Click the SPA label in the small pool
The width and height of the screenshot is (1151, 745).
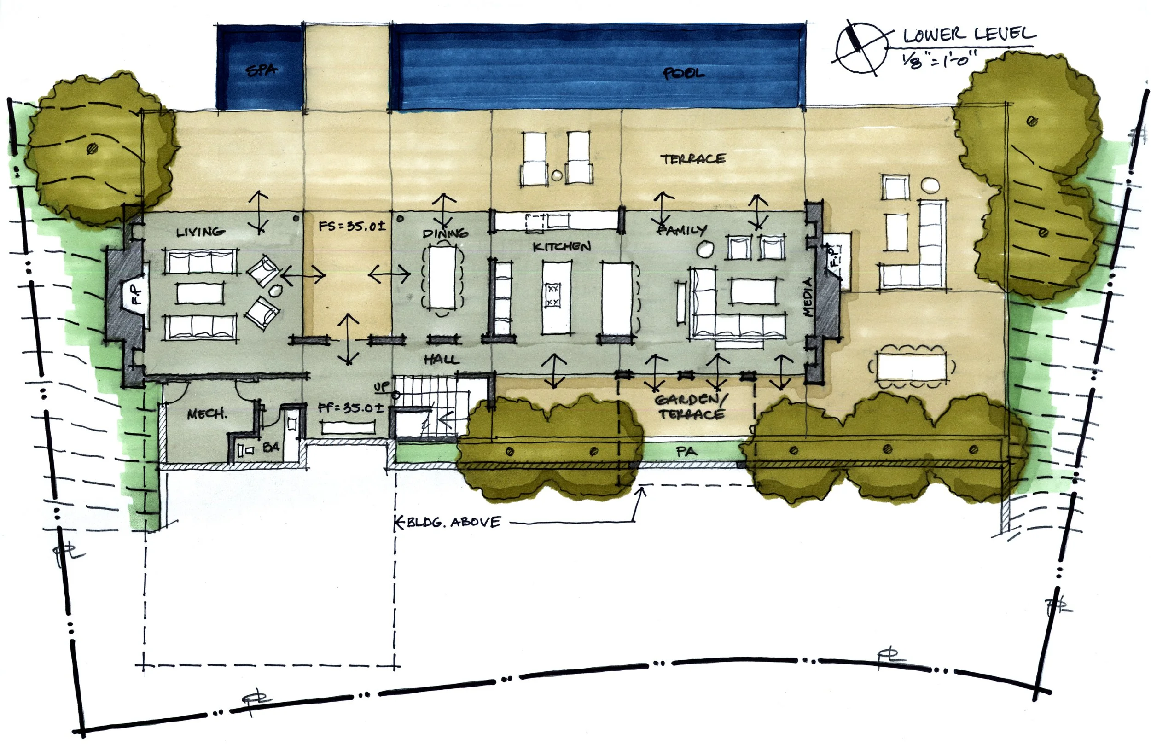262,70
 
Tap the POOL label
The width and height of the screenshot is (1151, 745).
683,74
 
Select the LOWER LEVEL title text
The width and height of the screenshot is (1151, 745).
969,35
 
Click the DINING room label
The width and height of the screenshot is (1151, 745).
445,233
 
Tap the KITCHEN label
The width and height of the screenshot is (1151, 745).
562,247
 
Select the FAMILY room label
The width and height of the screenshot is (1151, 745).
682,230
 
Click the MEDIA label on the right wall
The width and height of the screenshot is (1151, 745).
808,297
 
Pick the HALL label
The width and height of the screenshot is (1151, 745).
441,360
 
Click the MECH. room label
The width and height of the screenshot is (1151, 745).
207,414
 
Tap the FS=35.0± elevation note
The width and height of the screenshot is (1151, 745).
352,226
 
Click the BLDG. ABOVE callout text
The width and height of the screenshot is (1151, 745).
453,522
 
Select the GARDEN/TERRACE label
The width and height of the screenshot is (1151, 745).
691,407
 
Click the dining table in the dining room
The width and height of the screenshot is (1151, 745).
442,277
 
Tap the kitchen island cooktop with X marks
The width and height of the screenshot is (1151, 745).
552,295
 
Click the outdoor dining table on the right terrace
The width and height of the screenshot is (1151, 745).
912,367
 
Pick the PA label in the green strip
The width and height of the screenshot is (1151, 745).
686,451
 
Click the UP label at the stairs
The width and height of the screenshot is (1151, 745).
382,387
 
